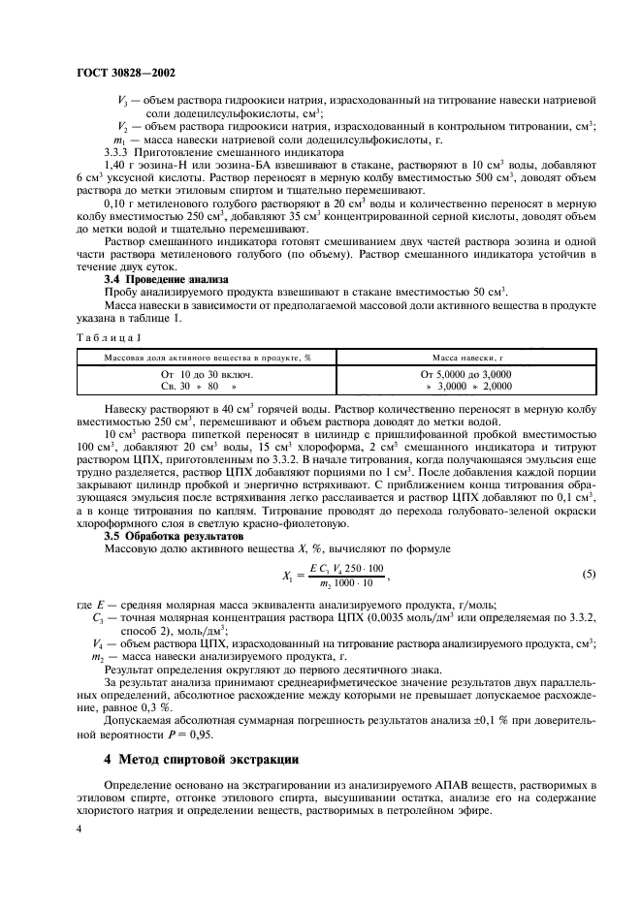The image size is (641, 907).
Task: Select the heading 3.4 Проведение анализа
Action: (x=166, y=279)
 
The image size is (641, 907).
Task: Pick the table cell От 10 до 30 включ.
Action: (x=207, y=374)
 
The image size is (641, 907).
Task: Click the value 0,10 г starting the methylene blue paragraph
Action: (x=120, y=205)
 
